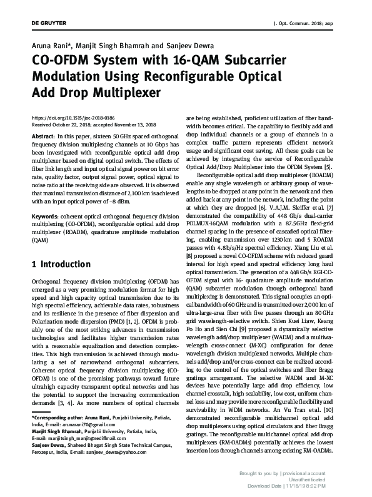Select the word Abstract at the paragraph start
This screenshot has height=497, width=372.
pos(43,136)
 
